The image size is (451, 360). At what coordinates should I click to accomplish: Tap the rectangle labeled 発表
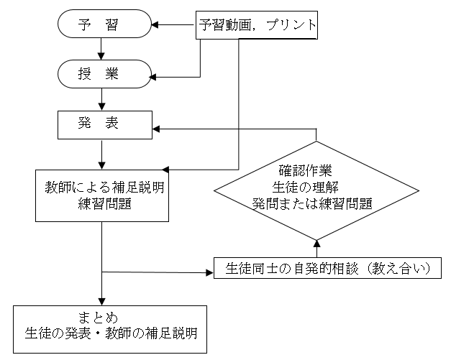[x=104, y=124]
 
